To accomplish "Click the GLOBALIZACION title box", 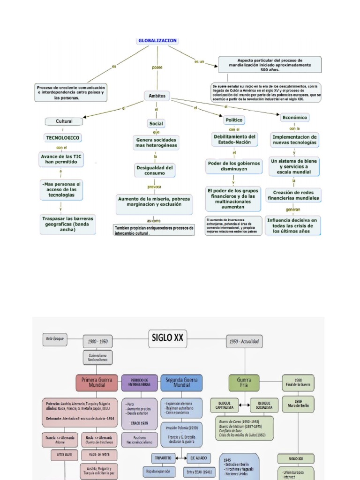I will click(157, 41).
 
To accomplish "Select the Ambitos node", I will click(157, 96).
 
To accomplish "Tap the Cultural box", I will click(64, 121).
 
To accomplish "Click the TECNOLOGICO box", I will click(63, 138).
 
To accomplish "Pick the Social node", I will click(156, 124).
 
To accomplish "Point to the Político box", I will click(234, 120).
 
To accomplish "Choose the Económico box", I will click(295, 118).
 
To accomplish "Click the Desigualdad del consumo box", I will click(155, 170).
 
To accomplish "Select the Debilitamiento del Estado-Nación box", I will click(234, 139).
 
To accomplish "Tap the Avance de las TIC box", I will click(61, 159).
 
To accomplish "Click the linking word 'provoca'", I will click(155, 187).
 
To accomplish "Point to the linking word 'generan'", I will click(293, 210).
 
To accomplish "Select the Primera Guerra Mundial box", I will click(97, 383).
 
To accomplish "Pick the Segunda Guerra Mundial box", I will click(181, 383).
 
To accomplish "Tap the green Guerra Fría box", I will click(244, 383).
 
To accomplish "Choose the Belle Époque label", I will click(55, 337).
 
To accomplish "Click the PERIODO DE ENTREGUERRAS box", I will click(139, 383).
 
